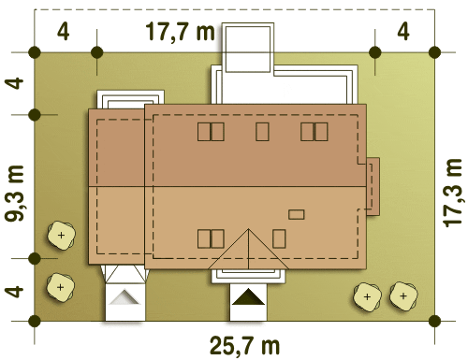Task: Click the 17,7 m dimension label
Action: click(x=181, y=32)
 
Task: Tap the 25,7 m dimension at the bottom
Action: click(x=245, y=346)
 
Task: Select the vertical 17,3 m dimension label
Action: click(x=452, y=193)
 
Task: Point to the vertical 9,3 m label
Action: click(x=14, y=194)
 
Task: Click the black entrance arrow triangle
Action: click(x=248, y=296)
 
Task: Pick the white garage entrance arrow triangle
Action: click(x=124, y=296)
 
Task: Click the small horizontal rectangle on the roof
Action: click(x=297, y=214)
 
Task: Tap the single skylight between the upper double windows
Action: click(x=262, y=132)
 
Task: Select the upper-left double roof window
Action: click(x=211, y=132)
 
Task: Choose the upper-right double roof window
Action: click(x=314, y=132)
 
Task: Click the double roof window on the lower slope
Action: click(x=211, y=238)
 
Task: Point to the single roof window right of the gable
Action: click(x=279, y=238)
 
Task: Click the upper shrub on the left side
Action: click(x=61, y=235)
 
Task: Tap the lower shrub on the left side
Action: click(x=61, y=287)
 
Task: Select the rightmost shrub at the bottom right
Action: click(x=403, y=296)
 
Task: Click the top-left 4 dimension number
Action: click(x=63, y=32)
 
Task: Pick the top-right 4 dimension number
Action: click(x=403, y=32)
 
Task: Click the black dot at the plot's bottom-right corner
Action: click(x=434, y=321)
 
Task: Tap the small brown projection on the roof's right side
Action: click(x=373, y=186)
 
